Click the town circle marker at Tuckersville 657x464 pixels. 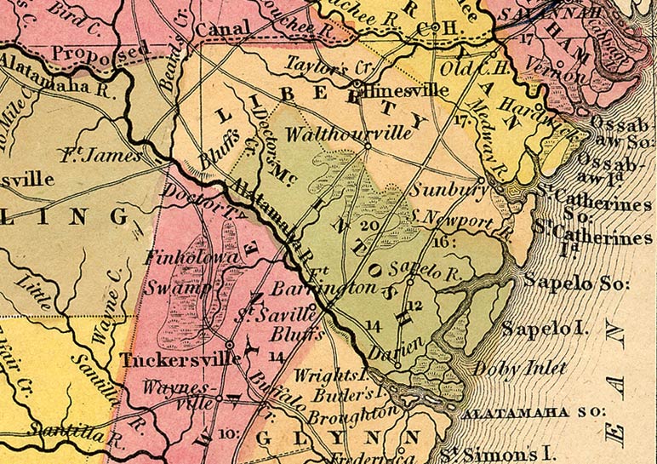[230, 344]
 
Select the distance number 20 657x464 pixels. [368, 226]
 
